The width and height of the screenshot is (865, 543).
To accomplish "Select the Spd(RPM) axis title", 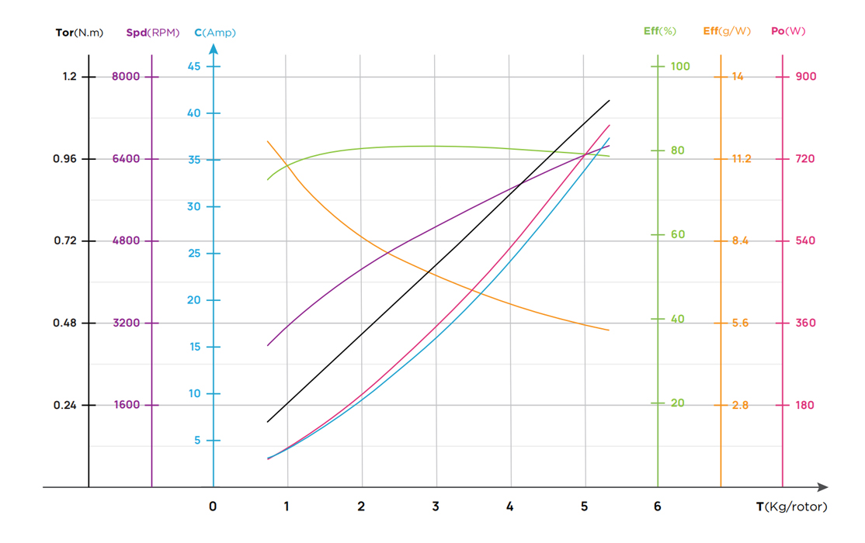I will pos(152,33).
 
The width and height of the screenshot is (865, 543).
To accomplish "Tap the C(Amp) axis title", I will pos(215,33).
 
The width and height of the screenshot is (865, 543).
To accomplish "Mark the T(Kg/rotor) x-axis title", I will pos(792,507).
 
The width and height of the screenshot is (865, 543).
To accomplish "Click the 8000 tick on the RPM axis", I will pos(126,76).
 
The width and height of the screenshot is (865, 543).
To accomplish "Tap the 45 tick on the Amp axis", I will pos(193,67).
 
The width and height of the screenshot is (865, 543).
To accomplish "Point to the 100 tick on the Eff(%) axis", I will pos(680,67).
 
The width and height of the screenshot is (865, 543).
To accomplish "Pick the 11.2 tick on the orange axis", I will pos(741,159).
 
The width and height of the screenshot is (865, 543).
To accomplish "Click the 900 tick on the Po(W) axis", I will pos(806,76).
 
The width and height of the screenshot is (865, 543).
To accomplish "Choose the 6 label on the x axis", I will pos(658,507).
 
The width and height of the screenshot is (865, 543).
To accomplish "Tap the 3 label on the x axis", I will pos(436,507).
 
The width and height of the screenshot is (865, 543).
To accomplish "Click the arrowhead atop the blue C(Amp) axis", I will pos(214,49).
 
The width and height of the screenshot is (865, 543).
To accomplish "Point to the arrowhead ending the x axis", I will pos(822,487).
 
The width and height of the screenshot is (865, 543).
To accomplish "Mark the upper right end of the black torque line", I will pos(609,101).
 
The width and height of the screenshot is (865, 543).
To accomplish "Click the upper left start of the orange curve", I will pos(268,141).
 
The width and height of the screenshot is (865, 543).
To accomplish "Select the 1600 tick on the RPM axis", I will pos(126,405).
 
